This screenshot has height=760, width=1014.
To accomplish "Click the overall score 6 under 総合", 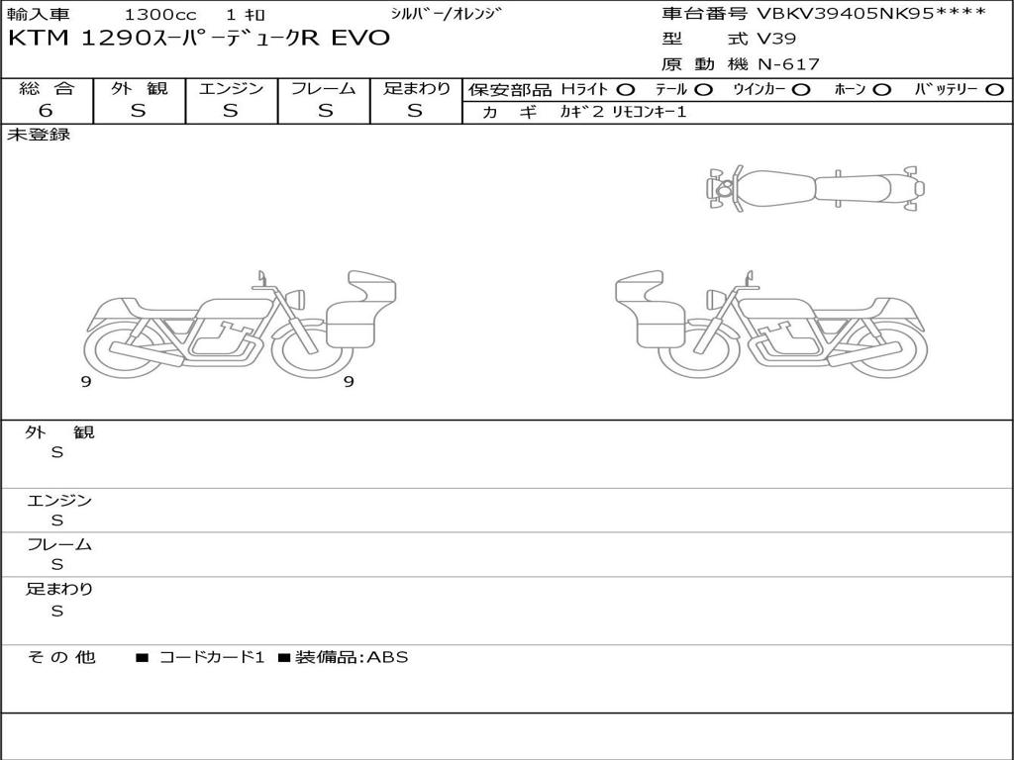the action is click(46, 110).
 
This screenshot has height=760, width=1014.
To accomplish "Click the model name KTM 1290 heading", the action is click(199, 39).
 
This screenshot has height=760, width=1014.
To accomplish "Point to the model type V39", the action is click(776, 39).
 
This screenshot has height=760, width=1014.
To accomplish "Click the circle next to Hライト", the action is click(626, 90).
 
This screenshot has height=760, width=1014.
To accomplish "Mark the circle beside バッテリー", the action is click(994, 90).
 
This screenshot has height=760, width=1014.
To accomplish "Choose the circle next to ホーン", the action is click(881, 90).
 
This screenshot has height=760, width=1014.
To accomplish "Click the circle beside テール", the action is click(704, 90).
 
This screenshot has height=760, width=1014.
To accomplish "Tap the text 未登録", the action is click(39, 135).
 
